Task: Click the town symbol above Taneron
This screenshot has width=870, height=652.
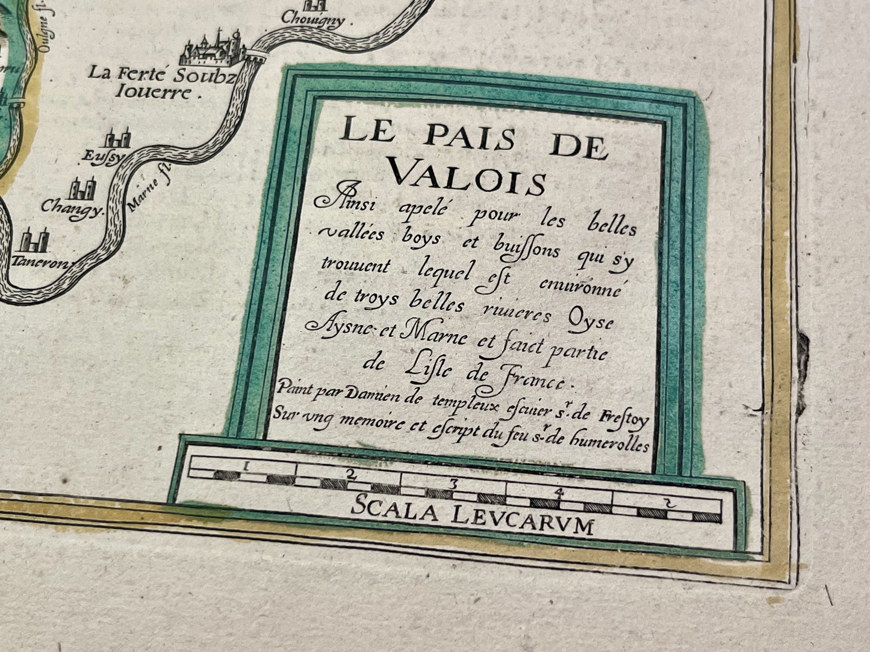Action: click(33, 240)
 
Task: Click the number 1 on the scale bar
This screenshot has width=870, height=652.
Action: click(246, 465)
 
